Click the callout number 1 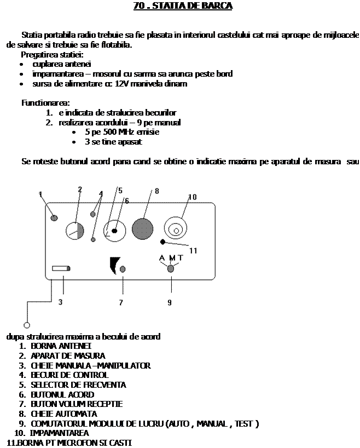point(41,194)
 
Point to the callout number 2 point(80,189)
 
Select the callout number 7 point(121,302)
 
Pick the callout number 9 point(170,302)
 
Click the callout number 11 point(194,251)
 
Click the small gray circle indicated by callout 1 point(54,218)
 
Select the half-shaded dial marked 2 point(74,231)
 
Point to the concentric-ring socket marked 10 point(175,229)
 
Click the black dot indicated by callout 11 point(162,242)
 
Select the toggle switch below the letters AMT point(171,268)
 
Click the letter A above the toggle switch point(162,259)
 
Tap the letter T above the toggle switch point(181,259)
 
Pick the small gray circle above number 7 point(123,269)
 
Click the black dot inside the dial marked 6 point(115,231)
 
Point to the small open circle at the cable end point(26,325)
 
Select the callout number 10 point(192,197)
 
